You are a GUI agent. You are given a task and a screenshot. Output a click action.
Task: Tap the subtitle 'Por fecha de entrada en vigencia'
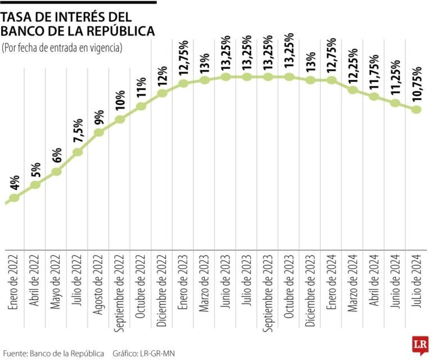62,48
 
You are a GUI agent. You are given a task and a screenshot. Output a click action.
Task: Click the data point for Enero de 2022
15,197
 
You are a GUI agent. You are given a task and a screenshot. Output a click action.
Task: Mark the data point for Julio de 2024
416,110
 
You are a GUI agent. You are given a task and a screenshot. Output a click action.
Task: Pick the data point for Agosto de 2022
99,132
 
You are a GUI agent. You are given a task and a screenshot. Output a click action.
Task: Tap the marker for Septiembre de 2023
268,76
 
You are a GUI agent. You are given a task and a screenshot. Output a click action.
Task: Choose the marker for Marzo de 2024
353,89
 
